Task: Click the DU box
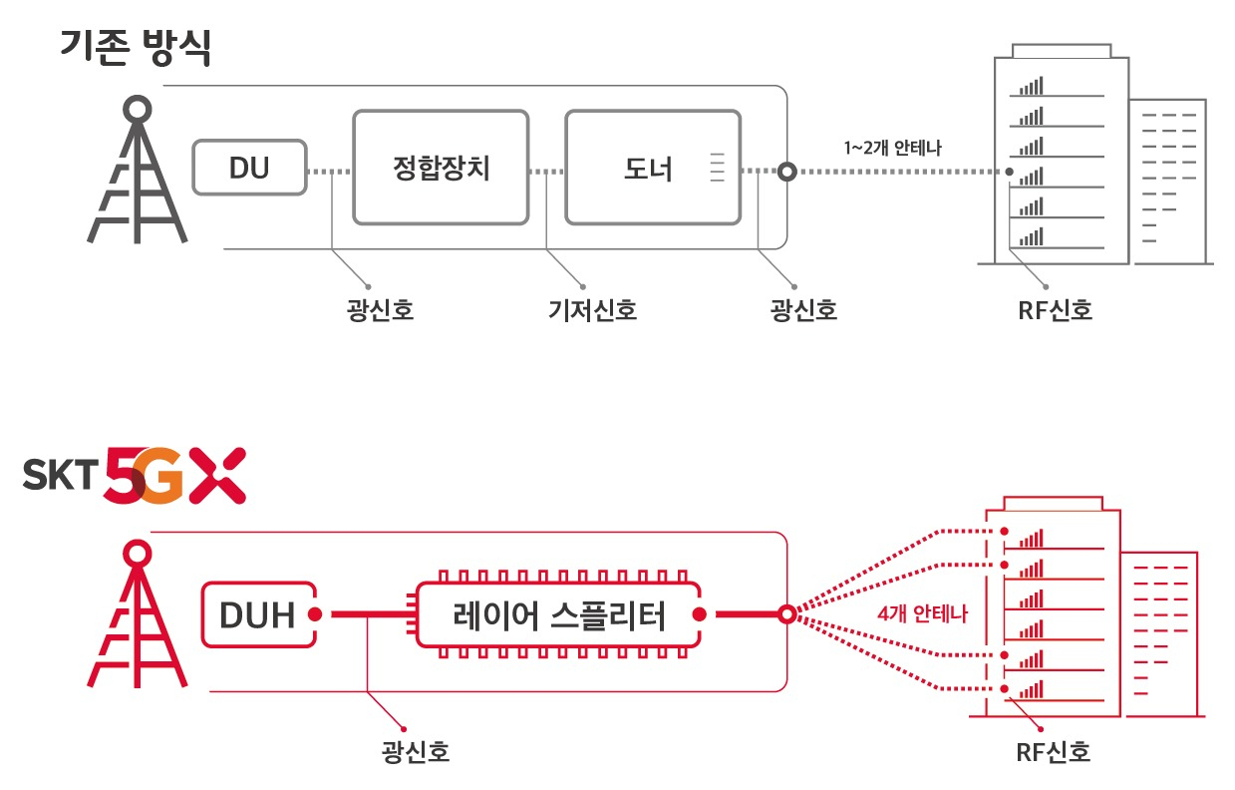point(250,168)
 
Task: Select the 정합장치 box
point(441,168)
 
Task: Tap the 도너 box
point(653,168)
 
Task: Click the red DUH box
point(259,614)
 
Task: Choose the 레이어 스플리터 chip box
point(558,614)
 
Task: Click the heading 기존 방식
point(136,48)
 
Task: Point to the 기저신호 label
point(593,310)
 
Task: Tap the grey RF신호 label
point(1055,310)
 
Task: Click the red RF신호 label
point(1053,752)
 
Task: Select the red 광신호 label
point(416,752)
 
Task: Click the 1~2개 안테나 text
point(893,148)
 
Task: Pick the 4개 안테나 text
point(922,613)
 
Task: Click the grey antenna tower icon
point(138,169)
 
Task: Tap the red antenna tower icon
point(138,613)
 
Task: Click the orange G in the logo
point(159,476)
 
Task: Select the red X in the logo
point(217,476)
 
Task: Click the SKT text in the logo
point(60,475)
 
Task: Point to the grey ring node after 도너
point(787,172)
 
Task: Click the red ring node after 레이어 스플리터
point(787,614)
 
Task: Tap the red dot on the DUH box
point(315,614)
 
